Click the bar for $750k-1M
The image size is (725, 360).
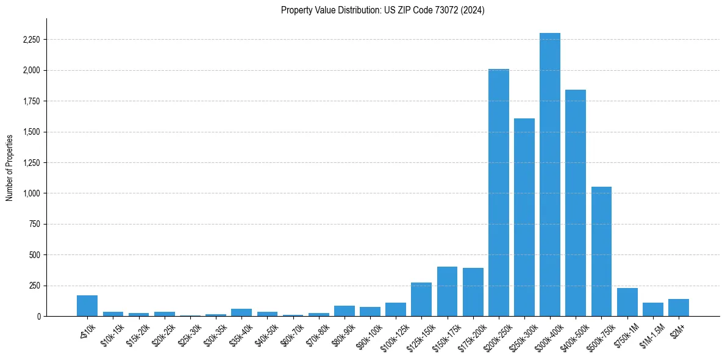point(627,302)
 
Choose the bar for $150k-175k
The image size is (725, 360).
point(447,292)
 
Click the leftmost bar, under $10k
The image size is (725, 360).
point(87,306)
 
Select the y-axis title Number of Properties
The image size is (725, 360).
point(10,167)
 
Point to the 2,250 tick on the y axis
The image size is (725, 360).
point(30,40)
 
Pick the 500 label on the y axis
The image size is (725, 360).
point(34,255)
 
